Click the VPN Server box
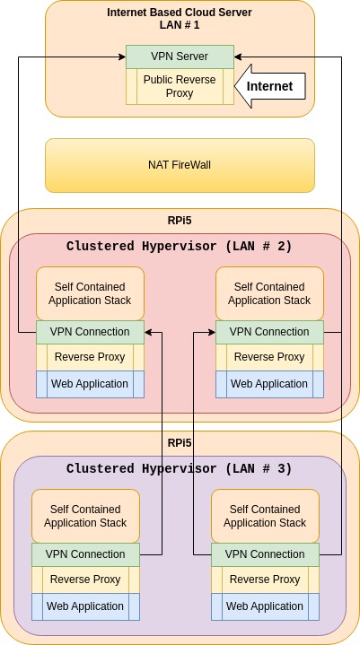pos(180,57)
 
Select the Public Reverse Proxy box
pos(180,86)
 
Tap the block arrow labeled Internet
pos(270,86)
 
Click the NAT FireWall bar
pos(180,165)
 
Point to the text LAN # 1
pos(180,25)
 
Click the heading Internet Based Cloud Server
pos(180,13)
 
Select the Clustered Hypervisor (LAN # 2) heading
pos(179,247)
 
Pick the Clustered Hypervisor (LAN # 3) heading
pos(179,468)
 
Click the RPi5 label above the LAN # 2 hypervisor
pos(180,221)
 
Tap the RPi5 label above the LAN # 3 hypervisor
pos(180,442)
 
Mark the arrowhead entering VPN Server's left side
pos(122,57)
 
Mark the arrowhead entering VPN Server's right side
pos(238,57)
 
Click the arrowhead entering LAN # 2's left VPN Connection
pos(148,332)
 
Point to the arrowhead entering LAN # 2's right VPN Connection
pos(212,332)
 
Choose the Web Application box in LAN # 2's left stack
pos(90,384)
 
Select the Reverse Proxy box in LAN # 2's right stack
pos(269,357)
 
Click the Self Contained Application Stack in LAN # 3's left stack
pos(85,516)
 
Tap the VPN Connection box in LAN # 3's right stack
pos(266,554)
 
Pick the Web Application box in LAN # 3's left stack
pos(85,606)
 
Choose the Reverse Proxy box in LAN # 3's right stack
pos(266,580)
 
